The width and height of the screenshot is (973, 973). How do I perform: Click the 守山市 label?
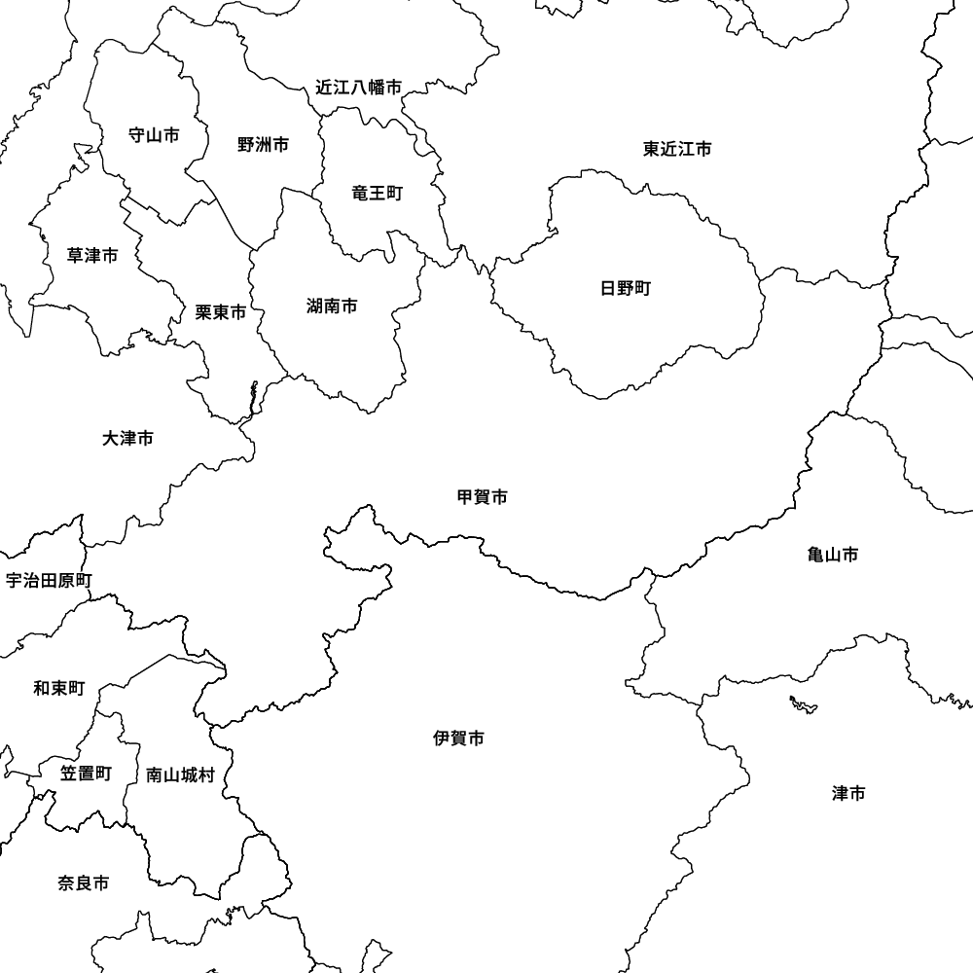pyautogui.click(x=154, y=135)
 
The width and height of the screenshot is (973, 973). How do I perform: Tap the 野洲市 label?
pyautogui.click(x=263, y=145)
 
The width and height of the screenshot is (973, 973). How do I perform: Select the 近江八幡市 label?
pyautogui.click(x=358, y=88)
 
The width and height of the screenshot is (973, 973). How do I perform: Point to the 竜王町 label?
pyautogui.click(x=377, y=194)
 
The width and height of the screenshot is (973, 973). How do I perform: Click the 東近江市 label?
pyautogui.click(x=677, y=149)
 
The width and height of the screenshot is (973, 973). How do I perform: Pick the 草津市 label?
pyautogui.click(x=92, y=256)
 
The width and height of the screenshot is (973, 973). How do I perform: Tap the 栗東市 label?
pyautogui.click(x=221, y=312)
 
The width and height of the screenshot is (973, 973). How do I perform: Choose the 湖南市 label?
pyautogui.click(x=332, y=306)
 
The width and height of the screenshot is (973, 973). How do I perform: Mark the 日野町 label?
pyautogui.click(x=626, y=288)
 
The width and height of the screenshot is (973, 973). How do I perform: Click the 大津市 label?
pyautogui.click(x=127, y=439)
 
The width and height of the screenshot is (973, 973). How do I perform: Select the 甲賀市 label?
pyautogui.click(x=482, y=497)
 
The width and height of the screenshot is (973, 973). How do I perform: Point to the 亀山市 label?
pyautogui.click(x=833, y=555)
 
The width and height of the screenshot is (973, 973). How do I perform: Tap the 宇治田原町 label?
pyautogui.click(x=49, y=581)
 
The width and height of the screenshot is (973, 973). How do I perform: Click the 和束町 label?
pyautogui.click(x=58, y=689)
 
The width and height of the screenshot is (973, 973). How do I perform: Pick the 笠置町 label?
pyautogui.click(x=86, y=774)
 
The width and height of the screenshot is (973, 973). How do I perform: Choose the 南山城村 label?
pyautogui.click(x=180, y=775)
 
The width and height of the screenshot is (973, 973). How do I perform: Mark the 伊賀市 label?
pyautogui.click(x=458, y=739)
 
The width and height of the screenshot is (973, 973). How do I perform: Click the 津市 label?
pyautogui.click(x=848, y=794)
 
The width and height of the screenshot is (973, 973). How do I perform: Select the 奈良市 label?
pyautogui.click(x=83, y=883)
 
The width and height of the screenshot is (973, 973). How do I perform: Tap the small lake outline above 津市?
pyautogui.click(x=803, y=703)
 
